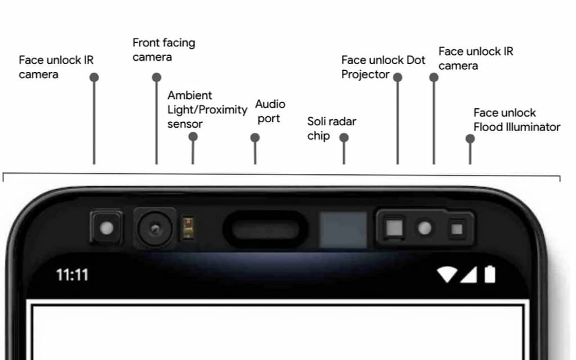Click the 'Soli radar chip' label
pos(331,128)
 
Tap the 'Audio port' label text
pos(270,111)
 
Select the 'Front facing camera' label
pos(164,49)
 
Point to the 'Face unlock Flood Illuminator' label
pos(516,120)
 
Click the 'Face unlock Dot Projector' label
pos(383,67)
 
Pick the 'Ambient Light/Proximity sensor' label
pos(207,109)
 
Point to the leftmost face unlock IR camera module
pos(106,228)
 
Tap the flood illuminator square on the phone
pos(456,228)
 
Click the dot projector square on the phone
pos(394,228)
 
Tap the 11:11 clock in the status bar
pos(72,275)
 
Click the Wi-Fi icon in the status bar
pos(447,274)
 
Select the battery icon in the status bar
pos(490,274)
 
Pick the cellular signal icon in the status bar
pos(469,274)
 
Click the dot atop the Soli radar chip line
pos(344,137)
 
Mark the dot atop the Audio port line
pos(255,137)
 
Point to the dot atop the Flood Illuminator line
pos(470,138)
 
